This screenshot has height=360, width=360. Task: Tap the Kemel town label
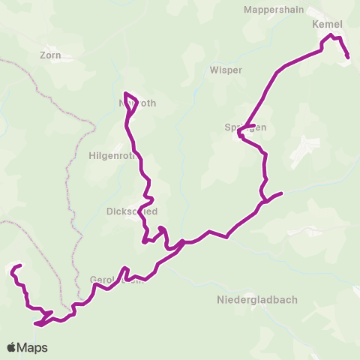pos(326,24)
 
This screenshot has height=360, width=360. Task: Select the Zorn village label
pos(50,55)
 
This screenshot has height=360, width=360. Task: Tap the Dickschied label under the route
pos(132,211)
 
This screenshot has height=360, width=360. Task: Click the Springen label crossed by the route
pos(245,127)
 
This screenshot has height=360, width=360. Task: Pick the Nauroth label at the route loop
pos(137,103)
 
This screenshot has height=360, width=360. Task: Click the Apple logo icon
pos(12,347)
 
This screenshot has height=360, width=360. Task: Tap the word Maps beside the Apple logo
pos(34,347)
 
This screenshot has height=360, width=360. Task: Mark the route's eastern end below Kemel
pos(349,57)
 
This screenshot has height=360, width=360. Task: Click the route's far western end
pos(11,268)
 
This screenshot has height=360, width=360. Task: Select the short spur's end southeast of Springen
pos(281,193)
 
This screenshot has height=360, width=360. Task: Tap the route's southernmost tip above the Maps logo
pos(36,324)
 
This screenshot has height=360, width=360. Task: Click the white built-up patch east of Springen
pos(304,150)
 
